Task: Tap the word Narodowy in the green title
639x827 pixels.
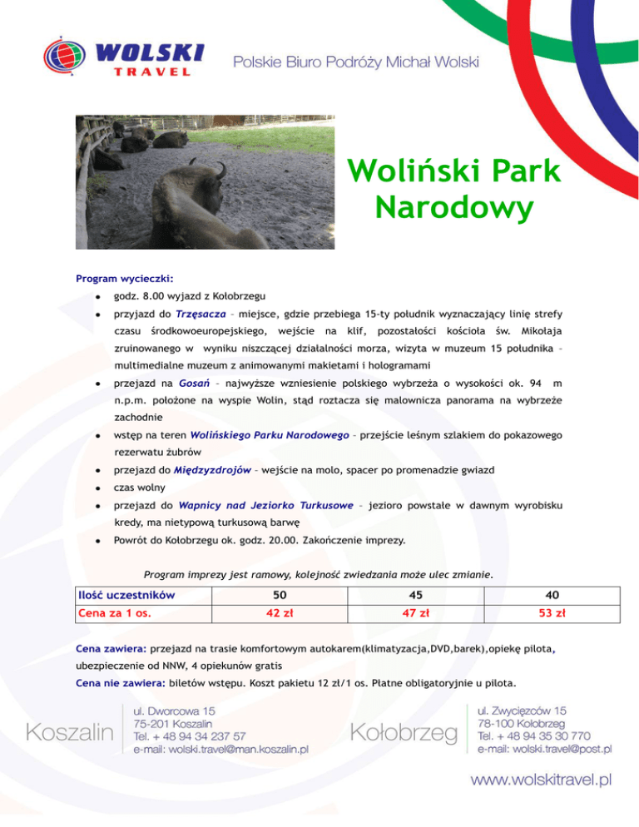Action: [x=453, y=209]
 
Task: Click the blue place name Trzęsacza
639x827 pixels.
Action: [x=199, y=314]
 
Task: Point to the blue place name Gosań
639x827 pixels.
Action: [x=191, y=384]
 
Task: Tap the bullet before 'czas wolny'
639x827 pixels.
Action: [x=97, y=488]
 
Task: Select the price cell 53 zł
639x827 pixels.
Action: [x=552, y=614]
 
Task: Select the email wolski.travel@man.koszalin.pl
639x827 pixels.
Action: [x=221, y=749]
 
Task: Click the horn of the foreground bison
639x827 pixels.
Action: [x=220, y=169]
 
